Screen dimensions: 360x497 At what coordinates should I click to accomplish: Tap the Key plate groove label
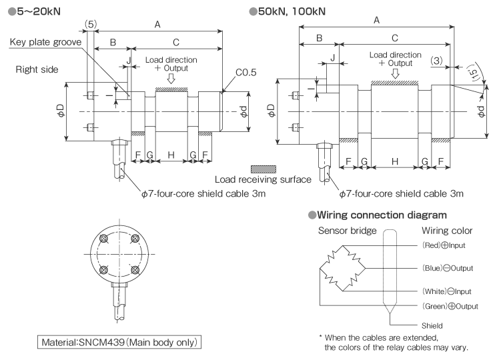[x=45, y=42]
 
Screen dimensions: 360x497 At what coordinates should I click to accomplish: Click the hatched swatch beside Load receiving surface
[x=264, y=169]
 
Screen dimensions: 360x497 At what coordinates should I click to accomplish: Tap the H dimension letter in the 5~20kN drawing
[x=171, y=155]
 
